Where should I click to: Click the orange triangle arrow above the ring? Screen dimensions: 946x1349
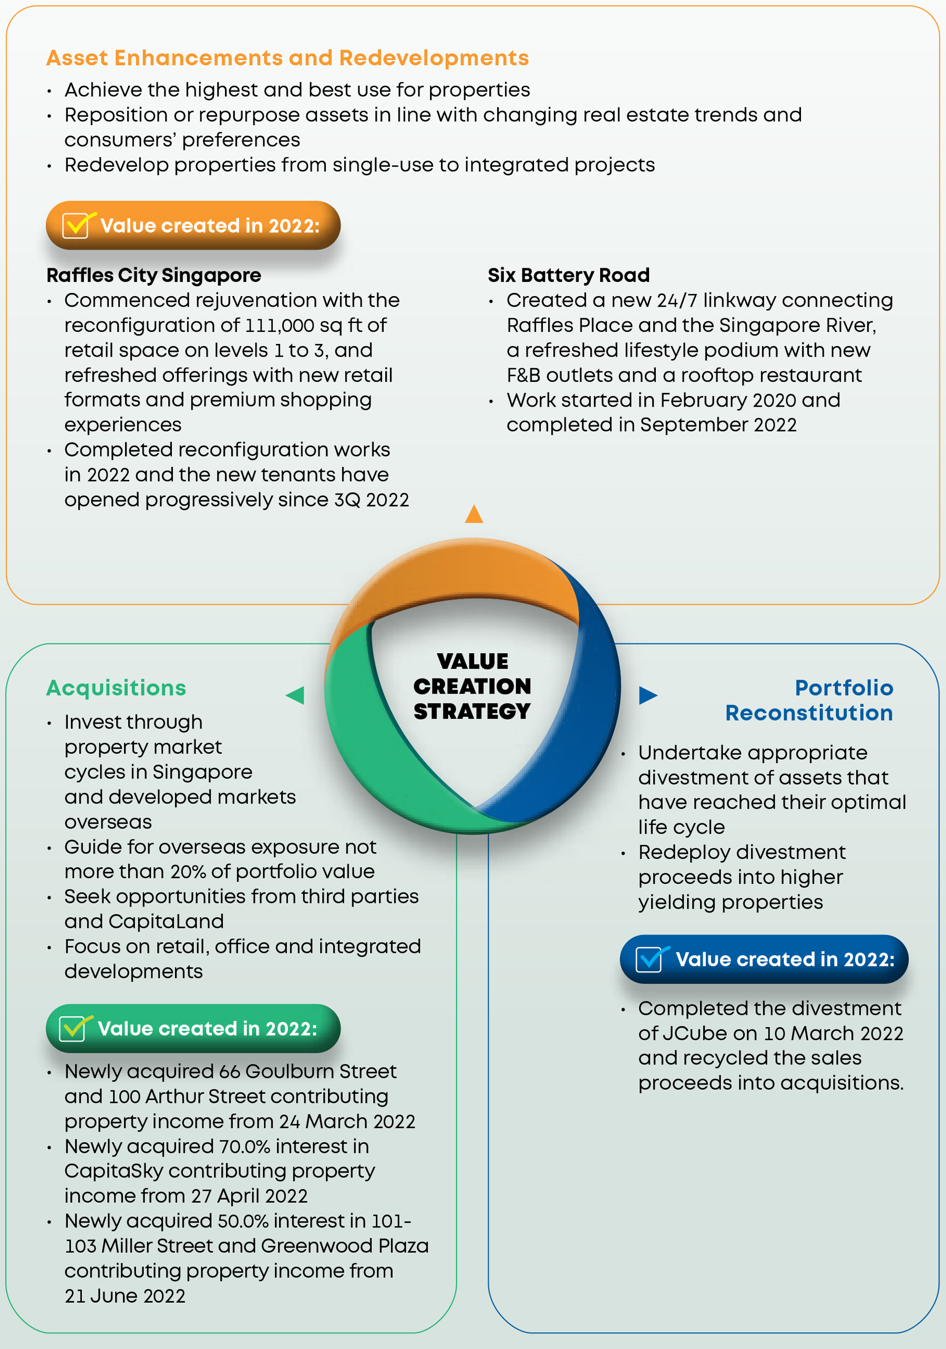[x=474, y=514]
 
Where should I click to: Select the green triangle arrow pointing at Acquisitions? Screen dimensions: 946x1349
[x=295, y=695]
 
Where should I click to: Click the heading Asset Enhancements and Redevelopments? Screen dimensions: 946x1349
[x=287, y=58]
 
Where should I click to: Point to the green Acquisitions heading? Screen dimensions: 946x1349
[x=116, y=688]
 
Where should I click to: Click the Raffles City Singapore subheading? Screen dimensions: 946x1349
[x=154, y=275]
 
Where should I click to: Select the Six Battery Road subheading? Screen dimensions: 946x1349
[x=569, y=275]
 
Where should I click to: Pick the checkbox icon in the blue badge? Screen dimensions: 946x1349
[x=651, y=959]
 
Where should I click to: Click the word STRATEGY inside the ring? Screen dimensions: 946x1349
[x=472, y=712]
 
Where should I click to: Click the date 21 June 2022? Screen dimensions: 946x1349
[x=125, y=1295]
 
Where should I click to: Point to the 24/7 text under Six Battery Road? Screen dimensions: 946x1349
[x=677, y=301]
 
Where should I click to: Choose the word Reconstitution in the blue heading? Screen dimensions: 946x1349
[x=809, y=713]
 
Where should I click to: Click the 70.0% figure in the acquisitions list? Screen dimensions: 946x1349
[x=245, y=1147]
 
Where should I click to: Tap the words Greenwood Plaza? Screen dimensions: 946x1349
[x=345, y=1245]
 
